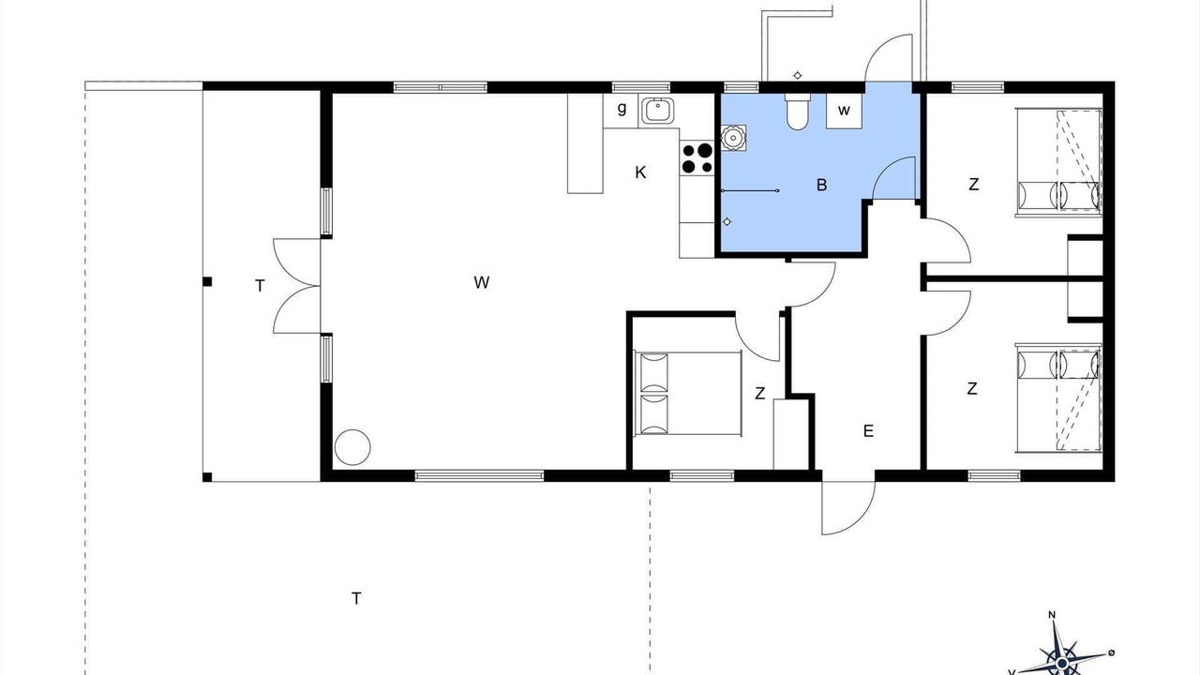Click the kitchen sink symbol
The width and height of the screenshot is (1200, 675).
pyautogui.click(x=656, y=112)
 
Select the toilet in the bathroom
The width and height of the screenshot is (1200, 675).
pyautogui.click(x=797, y=112)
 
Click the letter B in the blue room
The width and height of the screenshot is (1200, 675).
pyautogui.click(x=821, y=186)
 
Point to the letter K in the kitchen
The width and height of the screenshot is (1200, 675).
pyautogui.click(x=640, y=172)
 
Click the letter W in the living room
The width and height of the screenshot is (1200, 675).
pyautogui.click(x=481, y=282)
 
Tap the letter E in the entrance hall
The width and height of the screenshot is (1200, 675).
pyautogui.click(x=868, y=430)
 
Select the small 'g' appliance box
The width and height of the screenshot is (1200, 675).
pyautogui.click(x=621, y=111)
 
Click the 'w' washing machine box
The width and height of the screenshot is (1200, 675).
pyautogui.click(x=844, y=111)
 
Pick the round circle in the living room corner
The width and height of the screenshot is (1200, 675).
pyautogui.click(x=352, y=447)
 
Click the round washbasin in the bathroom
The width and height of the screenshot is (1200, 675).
pyautogui.click(x=733, y=138)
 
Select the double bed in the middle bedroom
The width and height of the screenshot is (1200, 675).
pyautogui.click(x=687, y=393)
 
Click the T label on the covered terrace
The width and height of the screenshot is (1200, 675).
pyautogui.click(x=260, y=286)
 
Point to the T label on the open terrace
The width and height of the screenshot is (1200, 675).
pyautogui.click(x=356, y=598)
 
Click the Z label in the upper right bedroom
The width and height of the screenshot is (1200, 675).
pyautogui.click(x=974, y=185)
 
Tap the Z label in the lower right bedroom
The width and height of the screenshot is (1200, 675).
pyautogui.click(x=972, y=388)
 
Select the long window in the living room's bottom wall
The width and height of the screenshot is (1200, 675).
pyautogui.click(x=479, y=475)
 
